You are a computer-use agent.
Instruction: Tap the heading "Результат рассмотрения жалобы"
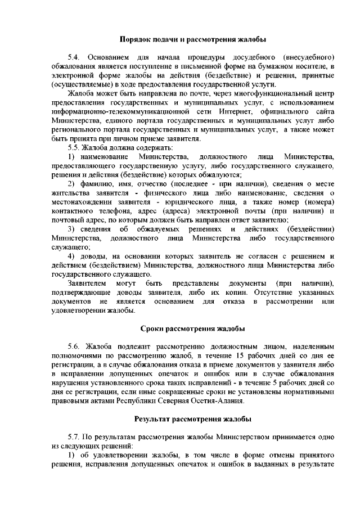click(193, 419)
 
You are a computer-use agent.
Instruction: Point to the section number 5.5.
click(74, 147)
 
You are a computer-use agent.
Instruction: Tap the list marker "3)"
click(71, 228)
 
